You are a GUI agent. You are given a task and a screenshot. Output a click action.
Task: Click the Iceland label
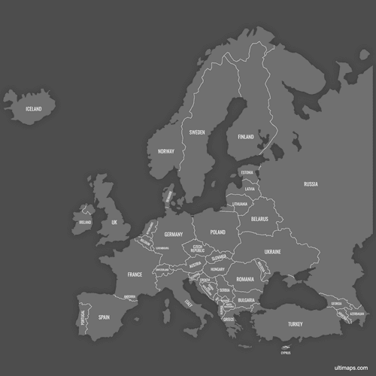click(x=34, y=109)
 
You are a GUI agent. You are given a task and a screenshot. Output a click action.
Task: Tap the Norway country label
click(x=166, y=151)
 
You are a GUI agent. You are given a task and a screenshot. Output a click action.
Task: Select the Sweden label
click(x=197, y=132)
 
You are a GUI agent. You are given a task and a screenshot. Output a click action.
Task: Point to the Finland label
click(x=246, y=138)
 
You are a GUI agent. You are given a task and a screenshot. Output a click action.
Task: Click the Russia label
click(x=311, y=184)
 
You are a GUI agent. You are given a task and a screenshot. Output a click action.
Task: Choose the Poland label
click(x=217, y=232)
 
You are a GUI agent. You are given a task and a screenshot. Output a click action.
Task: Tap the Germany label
click(x=174, y=235)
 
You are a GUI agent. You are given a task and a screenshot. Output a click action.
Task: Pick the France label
click(x=135, y=274)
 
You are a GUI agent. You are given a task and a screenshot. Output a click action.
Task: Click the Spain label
click(x=104, y=317)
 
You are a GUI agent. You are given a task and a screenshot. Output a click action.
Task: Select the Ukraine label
click(x=273, y=252)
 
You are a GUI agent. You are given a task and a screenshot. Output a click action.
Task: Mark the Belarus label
click(x=259, y=220)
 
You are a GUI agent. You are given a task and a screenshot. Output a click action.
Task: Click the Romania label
click(x=245, y=279)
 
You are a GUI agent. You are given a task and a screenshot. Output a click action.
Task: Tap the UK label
click(x=114, y=223)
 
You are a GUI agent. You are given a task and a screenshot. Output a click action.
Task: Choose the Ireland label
click(x=85, y=223)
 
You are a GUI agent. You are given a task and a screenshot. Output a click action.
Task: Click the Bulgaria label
click(x=246, y=300)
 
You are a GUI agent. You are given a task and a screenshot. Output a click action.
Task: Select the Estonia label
click(x=247, y=172)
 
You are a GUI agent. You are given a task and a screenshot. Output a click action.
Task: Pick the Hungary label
click(x=218, y=269)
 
